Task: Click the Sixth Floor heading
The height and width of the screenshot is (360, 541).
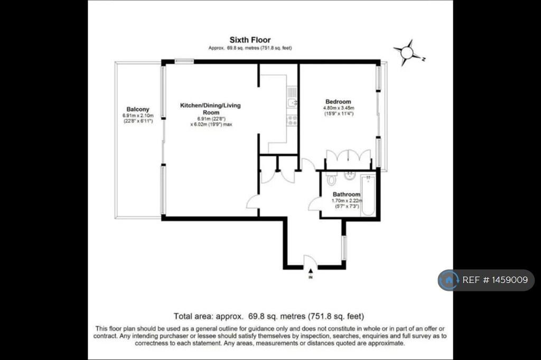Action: (250, 40)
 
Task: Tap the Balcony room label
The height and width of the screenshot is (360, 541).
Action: (138, 109)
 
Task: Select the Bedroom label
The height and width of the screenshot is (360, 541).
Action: (338, 102)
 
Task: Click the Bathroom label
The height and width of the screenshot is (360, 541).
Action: (347, 194)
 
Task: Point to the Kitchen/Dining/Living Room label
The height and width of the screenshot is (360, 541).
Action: (210, 109)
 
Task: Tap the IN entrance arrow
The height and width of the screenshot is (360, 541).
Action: (311, 271)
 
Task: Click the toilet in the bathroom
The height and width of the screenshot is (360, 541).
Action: (332, 178)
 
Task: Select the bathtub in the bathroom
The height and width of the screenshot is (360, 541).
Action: (368, 195)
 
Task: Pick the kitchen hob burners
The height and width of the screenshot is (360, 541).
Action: (292, 120)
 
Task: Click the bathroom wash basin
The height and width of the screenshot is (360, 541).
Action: (350, 175)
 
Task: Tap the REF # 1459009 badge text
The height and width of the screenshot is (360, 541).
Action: (495, 280)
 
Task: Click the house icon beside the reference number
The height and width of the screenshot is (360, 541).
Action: (449, 280)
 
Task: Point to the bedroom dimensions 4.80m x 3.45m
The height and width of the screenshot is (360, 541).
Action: (339, 108)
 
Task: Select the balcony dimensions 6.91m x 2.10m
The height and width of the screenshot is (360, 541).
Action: (138, 116)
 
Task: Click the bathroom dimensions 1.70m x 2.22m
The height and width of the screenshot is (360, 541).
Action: (347, 201)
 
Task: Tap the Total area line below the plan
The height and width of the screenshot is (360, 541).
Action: (269, 316)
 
